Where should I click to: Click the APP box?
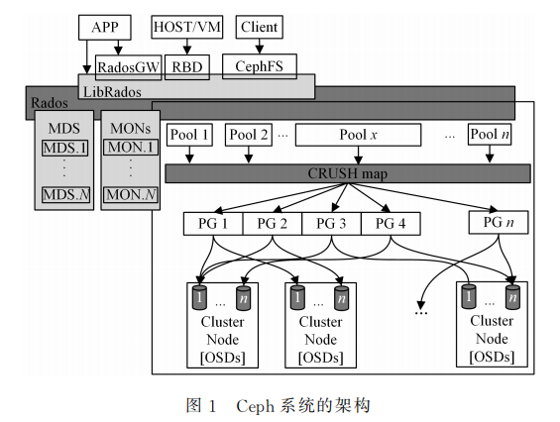(105, 27)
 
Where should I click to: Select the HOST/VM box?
(186, 27)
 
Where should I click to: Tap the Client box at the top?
(260, 27)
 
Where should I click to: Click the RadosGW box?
(128, 67)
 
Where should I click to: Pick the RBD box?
(186, 67)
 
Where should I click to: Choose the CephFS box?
(260, 66)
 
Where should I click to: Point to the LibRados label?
(112, 92)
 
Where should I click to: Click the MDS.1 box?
(64, 148)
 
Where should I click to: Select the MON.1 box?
(131, 147)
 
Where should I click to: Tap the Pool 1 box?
(189, 135)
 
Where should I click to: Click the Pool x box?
(358, 135)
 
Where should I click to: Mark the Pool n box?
(490, 134)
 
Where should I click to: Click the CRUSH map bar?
(348, 173)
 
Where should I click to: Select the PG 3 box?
(331, 224)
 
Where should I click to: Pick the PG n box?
(499, 222)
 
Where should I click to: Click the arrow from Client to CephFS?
(260, 47)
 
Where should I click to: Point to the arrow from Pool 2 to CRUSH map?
(249, 155)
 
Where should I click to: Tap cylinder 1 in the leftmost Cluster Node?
(199, 297)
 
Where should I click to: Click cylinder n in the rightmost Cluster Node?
(512, 296)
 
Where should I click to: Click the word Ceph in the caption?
(255, 406)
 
